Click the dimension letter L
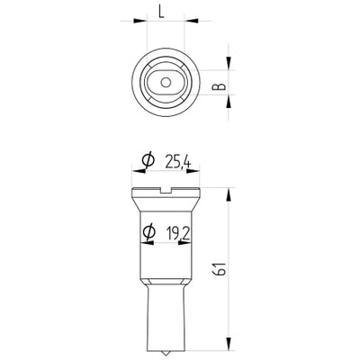tap(161, 12)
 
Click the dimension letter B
tap(219, 86)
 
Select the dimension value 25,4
tap(178, 163)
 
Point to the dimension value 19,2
tap(179, 233)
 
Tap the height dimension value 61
tap(220, 268)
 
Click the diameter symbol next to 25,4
tap(148, 161)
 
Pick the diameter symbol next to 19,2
tap(149, 232)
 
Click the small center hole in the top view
tap(166, 82)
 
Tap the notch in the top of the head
tap(166, 191)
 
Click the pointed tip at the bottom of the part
tap(166, 354)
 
